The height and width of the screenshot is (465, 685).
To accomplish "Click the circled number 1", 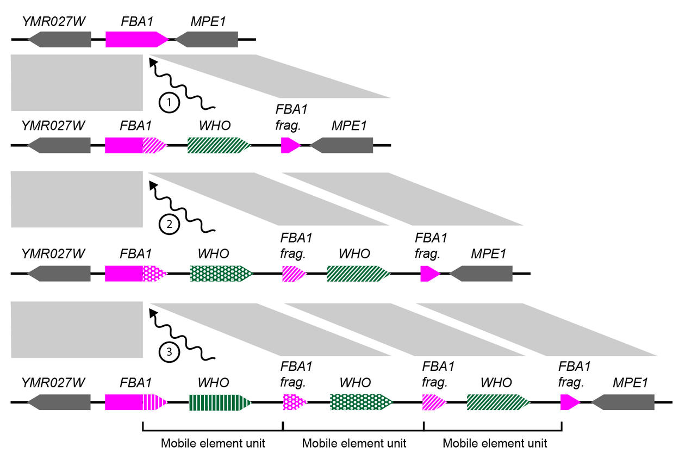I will [170, 102].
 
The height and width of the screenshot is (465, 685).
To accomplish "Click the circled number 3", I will [170, 352].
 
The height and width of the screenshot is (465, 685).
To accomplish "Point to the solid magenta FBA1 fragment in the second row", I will [290, 145].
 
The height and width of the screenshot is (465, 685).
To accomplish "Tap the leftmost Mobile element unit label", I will [213, 443].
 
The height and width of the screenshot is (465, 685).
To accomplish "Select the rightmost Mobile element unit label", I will [495, 443].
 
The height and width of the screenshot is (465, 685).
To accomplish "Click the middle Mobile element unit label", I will [354, 443].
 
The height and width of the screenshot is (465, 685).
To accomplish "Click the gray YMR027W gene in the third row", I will [59, 273].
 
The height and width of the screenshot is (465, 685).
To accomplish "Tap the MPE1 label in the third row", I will [488, 253].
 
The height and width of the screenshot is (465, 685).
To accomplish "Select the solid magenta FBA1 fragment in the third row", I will [429, 273].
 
